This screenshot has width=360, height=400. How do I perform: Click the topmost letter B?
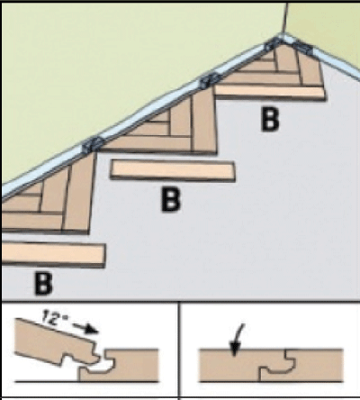click(x=270, y=120)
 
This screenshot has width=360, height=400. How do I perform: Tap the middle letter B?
click(x=171, y=200)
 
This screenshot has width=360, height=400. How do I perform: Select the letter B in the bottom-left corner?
click(x=44, y=284)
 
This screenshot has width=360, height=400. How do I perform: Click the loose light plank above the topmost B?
click(x=270, y=93)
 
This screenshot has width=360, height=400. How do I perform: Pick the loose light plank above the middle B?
click(x=173, y=170)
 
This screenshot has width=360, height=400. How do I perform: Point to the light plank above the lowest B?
click(x=53, y=255)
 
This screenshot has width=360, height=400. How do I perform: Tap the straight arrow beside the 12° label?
click(x=85, y=328)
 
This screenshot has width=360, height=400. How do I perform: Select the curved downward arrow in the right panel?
click(x=237, y=340)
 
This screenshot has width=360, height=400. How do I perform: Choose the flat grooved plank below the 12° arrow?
click(x=120, y=366)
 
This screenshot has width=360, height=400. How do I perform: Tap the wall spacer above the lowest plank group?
click(x=93, y=144)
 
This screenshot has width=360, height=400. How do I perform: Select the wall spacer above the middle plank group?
click(x=209, y=80)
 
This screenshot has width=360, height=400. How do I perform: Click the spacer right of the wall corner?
click(x=303, y=48)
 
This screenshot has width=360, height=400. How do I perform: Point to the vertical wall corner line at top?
click(x=285, y=18)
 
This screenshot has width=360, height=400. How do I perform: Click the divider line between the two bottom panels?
click(x=179, y=350)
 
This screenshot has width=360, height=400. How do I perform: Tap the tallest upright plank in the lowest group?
click(x=78, y=193)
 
